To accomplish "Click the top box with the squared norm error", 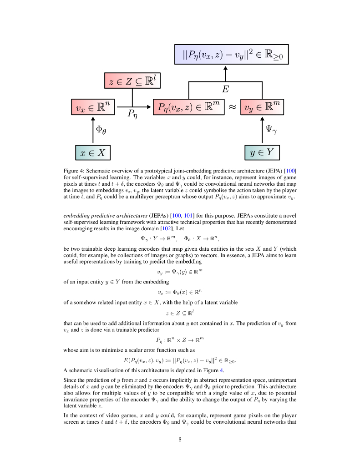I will point(232,56).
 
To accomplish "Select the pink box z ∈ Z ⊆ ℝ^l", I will point(132,81).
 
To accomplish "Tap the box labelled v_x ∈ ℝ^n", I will point(91,107).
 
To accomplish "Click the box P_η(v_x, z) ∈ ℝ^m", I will point(188,107).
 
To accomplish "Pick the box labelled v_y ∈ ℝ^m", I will point(262,107).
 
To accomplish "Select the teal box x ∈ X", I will point(93,152).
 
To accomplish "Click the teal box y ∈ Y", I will point(262,152).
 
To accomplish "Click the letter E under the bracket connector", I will point(225,90).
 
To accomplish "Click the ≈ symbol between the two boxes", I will point(232,107).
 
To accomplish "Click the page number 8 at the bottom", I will point(180,439).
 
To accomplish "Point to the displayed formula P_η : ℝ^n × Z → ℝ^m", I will point(180,339).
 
